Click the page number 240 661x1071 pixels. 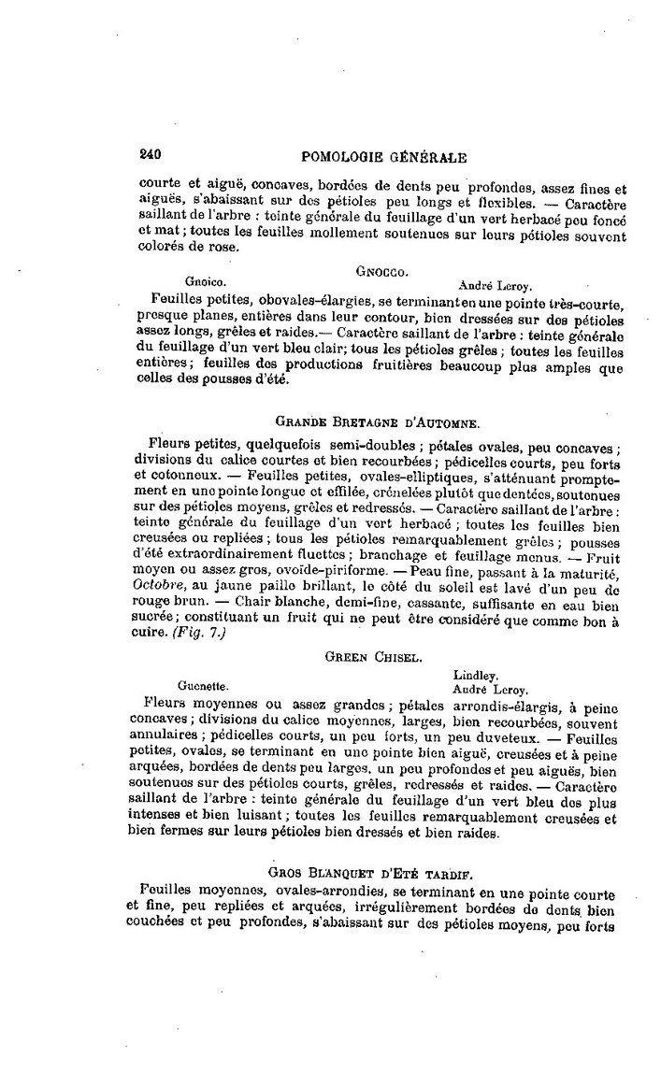point(151,157)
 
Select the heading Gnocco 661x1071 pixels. point(381,271)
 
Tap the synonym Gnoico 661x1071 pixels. point(205,281)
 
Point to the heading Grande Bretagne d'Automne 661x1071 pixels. point(379,422)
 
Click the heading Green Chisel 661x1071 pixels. point(366,657)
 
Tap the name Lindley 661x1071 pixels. point(475,675)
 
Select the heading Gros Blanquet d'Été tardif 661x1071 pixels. point(369,872)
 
